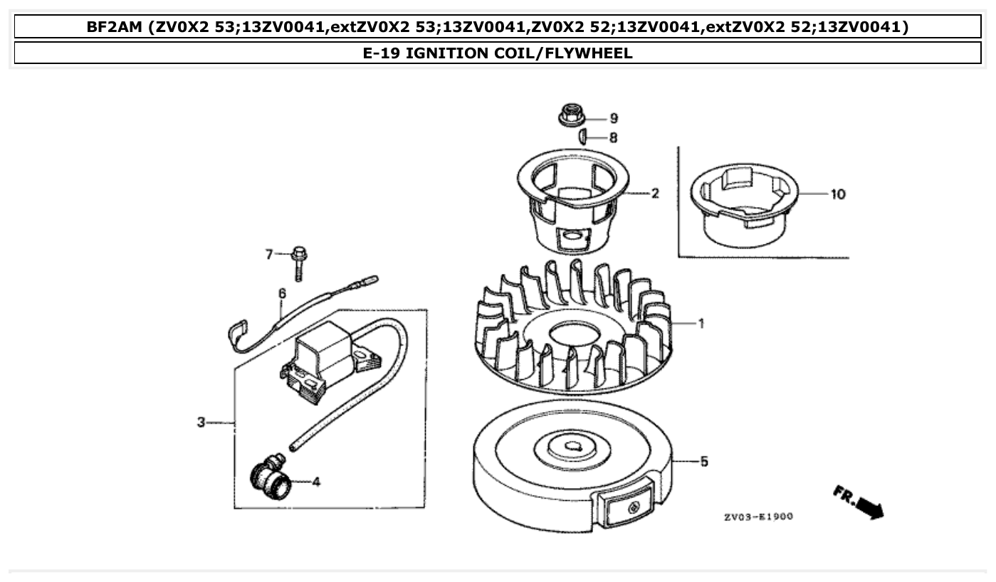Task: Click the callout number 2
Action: (655, 194)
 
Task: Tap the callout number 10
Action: (838, 194)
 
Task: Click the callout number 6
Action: (282, 293)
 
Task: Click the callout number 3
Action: (201, 423)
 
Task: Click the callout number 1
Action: (701, 324)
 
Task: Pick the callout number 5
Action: (703, 462)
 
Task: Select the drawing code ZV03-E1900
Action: (758, 517)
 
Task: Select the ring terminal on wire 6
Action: (238, 331)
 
